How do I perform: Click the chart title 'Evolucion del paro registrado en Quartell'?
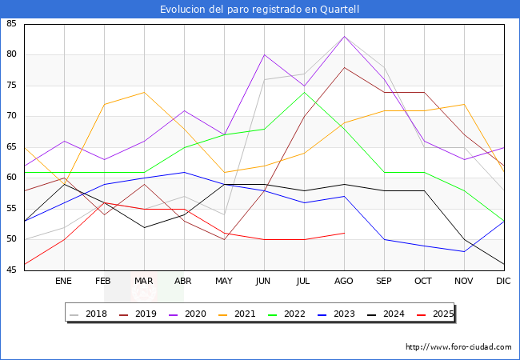click(x=259, y=10)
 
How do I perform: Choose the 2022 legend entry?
click(x=293, y=314)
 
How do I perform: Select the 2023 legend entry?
click(x=342, y=314)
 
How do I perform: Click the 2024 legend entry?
click(x=392, y=314)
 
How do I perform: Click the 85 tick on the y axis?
click(x=12, y=24)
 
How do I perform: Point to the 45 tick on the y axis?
click(x=12, y=270)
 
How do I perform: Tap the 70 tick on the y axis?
click(x=12, y=116)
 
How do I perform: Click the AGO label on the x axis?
click(x=344, y=282)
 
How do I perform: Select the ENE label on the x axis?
click(x=64, y=282)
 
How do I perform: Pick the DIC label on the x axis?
click(x=504, y=282)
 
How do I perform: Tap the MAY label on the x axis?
click(x=224, y=282)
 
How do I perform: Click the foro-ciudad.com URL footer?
click(x=458, y=347)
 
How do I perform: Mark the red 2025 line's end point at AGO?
click(x=344, y=233)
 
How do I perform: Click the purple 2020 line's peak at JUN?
click(x=264, y=54)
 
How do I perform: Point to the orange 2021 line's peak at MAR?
click(x=144, y=92)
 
